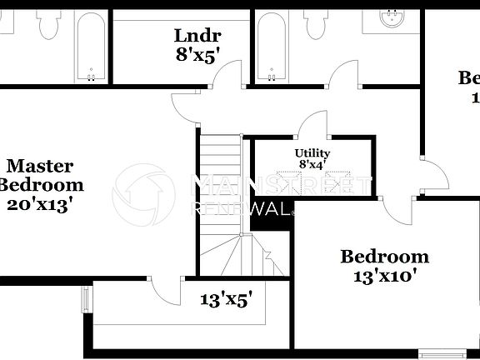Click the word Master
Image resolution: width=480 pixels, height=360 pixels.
40,166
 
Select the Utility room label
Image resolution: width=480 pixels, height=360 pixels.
312,153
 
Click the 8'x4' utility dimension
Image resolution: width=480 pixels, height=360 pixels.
312,165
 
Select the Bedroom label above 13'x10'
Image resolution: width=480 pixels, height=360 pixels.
384,256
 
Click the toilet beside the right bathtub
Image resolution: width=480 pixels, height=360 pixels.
317,25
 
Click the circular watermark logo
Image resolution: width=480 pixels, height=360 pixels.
141,193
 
